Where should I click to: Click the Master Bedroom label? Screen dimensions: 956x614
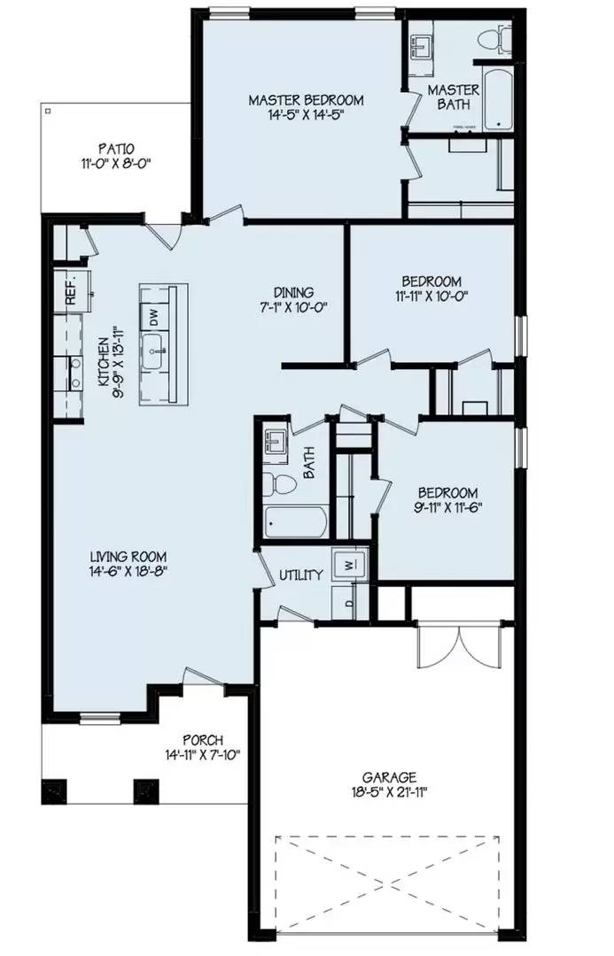pos(306,100)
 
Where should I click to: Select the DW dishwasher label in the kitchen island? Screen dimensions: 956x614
pos(152,315)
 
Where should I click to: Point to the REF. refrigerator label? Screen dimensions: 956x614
pos(71,291)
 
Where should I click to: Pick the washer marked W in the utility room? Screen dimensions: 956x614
pos(349,563)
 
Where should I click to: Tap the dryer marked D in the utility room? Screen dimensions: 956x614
pos(348,605)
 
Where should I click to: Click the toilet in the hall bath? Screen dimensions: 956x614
pos(283,483)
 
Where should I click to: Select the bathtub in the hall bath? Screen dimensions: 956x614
pos(295,521)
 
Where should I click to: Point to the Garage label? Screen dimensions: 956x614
pos(389,776)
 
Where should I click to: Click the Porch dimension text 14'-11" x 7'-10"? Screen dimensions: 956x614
pos(203,755)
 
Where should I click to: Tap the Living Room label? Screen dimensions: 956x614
pos(128,557)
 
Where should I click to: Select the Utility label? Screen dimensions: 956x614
pos(301,575)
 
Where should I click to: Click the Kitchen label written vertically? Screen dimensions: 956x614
pos(103,362)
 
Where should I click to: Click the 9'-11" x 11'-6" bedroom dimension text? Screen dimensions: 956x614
pos(447,509)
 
